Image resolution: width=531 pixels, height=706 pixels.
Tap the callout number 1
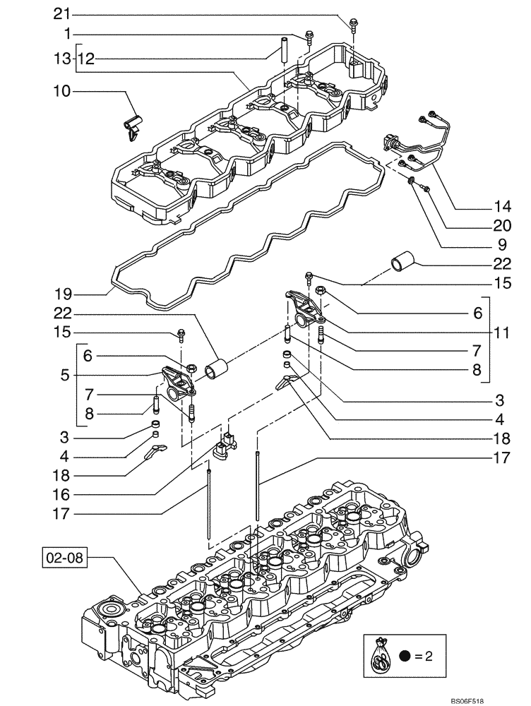coord(67,33)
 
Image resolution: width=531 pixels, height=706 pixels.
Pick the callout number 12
coord(85,61)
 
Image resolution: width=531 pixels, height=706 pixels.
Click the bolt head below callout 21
coord(351,25)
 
